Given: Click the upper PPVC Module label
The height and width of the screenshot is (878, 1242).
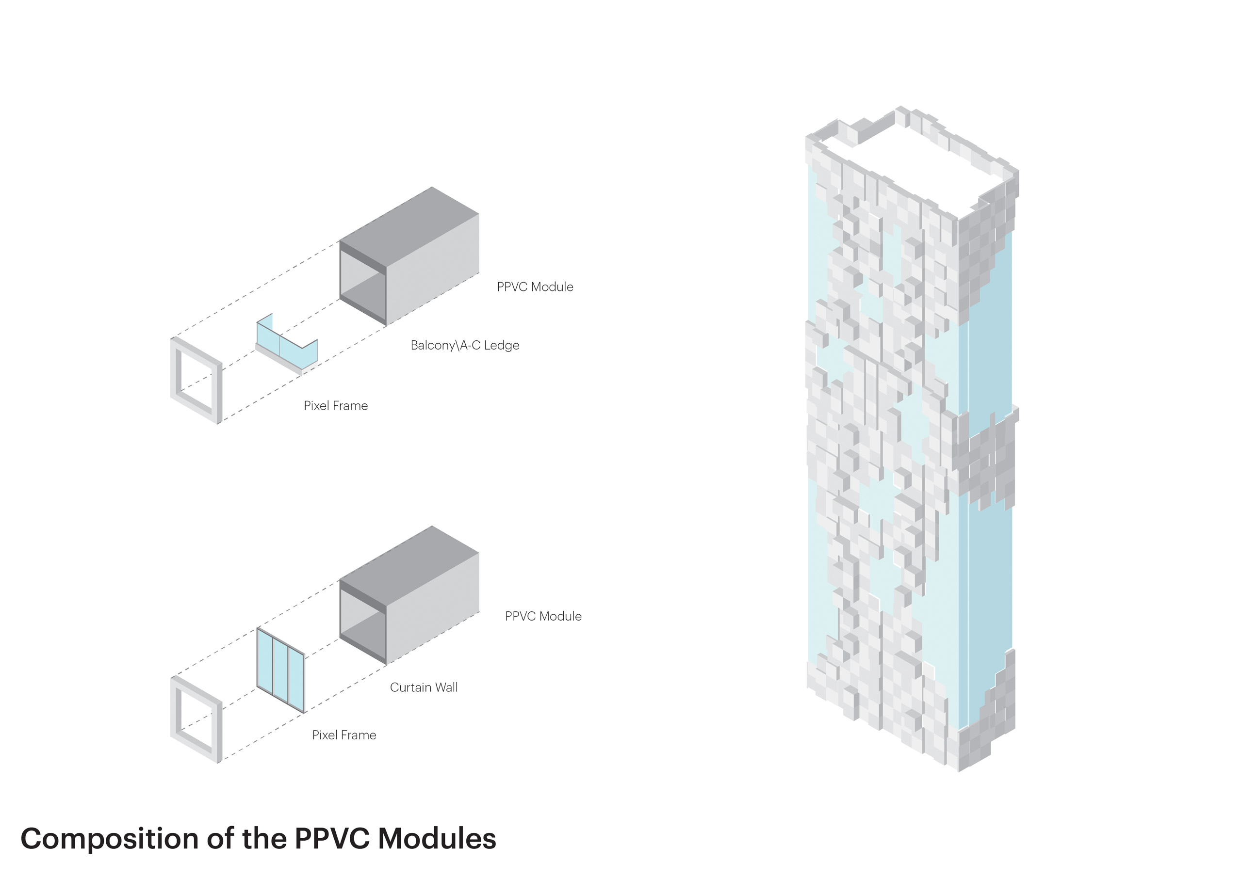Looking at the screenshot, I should coord(535,287).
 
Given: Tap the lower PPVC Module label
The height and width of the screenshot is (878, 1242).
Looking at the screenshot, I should coord(543,616).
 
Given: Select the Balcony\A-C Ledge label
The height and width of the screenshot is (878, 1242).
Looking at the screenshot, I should coord(465,346).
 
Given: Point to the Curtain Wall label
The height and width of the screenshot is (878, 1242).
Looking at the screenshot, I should coord(424,687).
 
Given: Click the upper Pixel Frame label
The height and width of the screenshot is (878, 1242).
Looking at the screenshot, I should coord(335,406).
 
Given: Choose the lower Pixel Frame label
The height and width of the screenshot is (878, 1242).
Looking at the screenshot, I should coord(344,735).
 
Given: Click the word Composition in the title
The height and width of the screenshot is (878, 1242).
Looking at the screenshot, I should coord(109,839).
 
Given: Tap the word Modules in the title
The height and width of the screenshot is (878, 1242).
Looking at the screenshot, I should coord(437,839).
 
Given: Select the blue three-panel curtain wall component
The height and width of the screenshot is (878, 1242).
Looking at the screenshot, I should coord(280,670).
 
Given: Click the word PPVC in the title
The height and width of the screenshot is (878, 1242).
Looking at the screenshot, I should coord(332,839).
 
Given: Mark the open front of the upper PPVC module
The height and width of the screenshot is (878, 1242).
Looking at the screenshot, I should coord(362,284).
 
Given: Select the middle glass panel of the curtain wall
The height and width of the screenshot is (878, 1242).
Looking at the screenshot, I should coord(280,671).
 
